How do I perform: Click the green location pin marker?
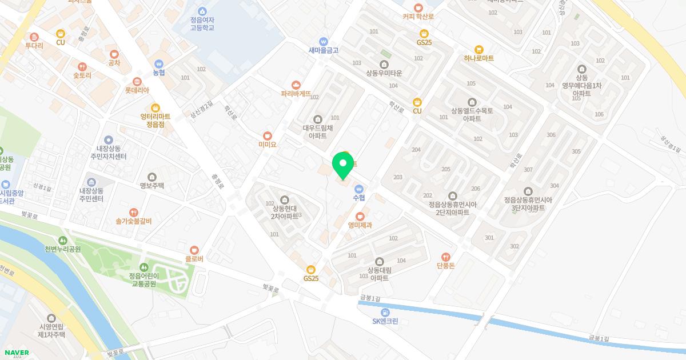343,165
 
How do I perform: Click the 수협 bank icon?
359,189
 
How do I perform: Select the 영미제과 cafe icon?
360,216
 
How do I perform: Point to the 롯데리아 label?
137,90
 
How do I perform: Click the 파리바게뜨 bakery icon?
296,84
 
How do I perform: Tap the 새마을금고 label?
324,50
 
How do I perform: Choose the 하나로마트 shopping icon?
479,49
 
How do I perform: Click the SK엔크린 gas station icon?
385,312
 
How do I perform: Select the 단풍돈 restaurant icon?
445,257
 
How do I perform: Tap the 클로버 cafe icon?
194,250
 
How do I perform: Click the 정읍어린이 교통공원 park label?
147,279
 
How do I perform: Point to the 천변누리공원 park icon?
63,240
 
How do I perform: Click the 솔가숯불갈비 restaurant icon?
133,213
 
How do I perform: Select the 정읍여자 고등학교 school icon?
202,11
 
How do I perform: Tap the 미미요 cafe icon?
267,136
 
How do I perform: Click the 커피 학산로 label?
418,17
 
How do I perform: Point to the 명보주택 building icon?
151,177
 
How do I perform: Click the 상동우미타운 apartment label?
384,73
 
